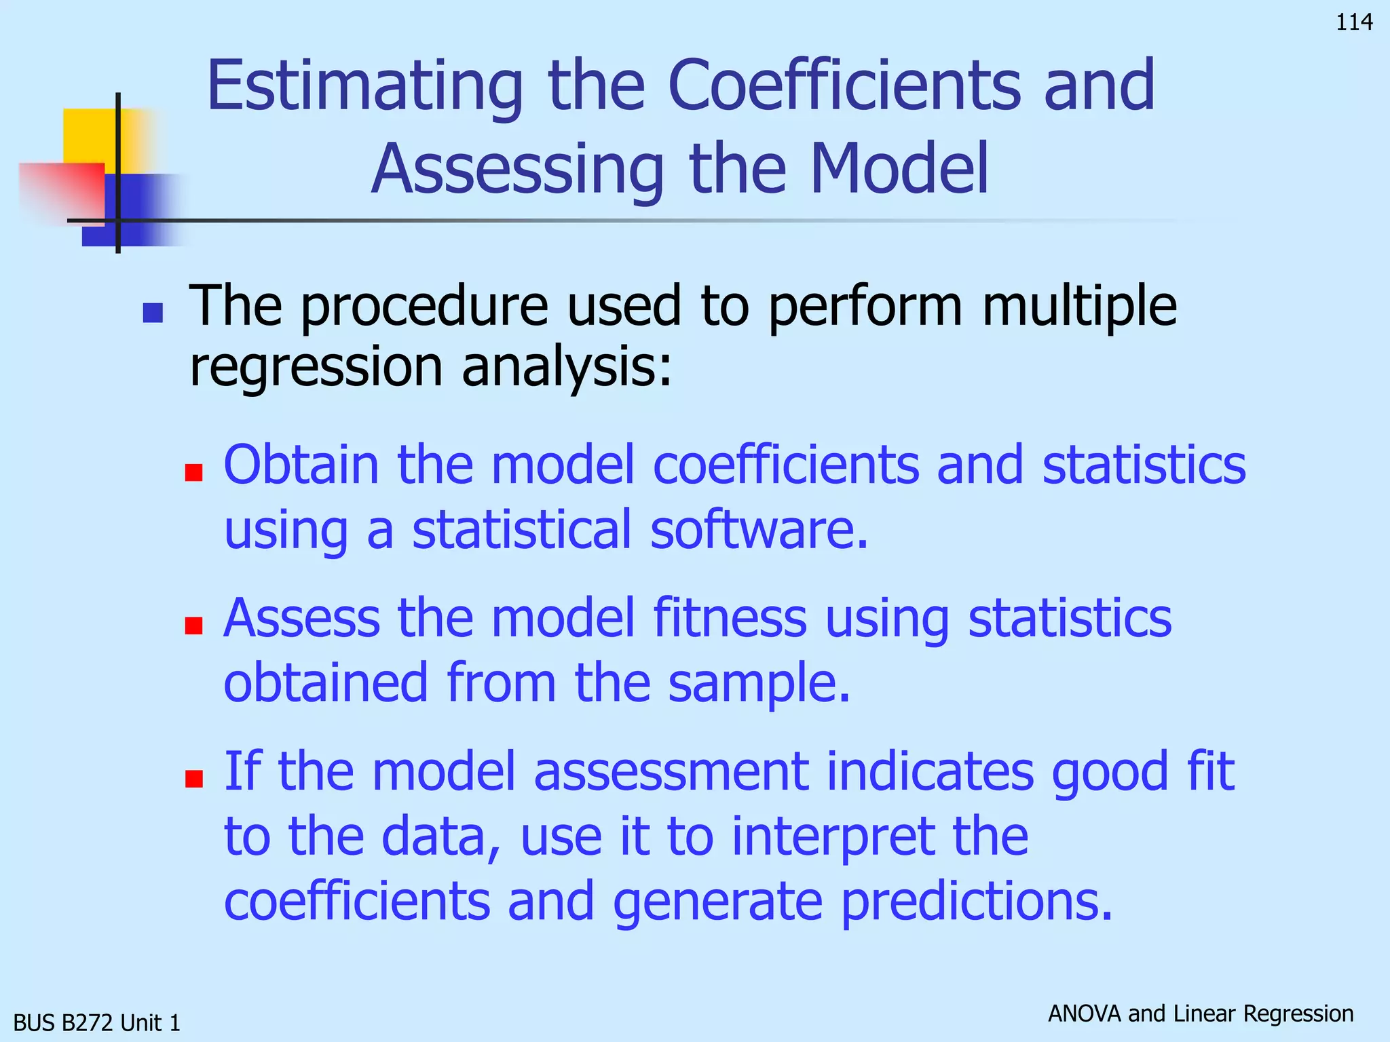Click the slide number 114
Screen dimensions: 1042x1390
click(x=1354, y=22)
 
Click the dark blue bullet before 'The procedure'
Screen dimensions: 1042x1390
click(x=153, y=313)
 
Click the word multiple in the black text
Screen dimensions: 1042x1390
click(x=1079, y=307)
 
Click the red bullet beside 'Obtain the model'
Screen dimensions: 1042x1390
click(x=194, y=472)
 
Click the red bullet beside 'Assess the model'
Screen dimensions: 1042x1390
click(x=194, y=625)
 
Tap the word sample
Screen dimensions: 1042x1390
click(x=758, y=684)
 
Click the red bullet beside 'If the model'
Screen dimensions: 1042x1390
click(x=194, y=778)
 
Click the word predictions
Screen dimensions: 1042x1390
click(x=977, y=902)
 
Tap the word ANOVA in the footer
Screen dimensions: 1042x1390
click(x=1085, y=1014)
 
